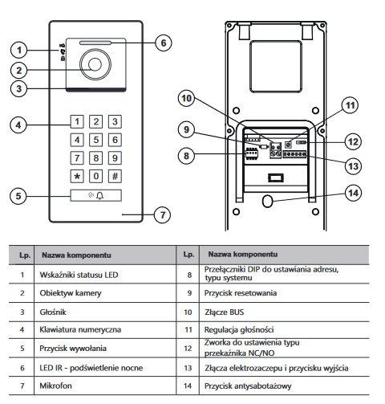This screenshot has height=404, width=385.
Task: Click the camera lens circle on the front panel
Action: pos(95,64)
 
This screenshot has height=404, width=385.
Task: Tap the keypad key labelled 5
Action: pos(95,140)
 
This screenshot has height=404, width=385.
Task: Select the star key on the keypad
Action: pos(77,177)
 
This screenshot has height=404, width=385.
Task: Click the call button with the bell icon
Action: pos(96,195)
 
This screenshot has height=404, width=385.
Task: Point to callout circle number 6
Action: pos(164,43)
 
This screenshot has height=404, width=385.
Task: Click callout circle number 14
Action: pos(353,193)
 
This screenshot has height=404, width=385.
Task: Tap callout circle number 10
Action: pos(186,98)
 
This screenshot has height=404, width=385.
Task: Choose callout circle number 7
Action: pos(163,214)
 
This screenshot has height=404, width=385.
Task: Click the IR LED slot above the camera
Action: pos(95,43)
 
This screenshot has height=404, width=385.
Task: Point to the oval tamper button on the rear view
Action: pos(268,201)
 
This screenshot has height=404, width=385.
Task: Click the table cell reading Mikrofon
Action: pos(55,386)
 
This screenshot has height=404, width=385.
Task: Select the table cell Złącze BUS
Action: pos(224,312)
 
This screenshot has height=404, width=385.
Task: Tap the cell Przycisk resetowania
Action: pos(241,293)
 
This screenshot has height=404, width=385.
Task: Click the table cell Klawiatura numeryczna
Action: pos(80,329)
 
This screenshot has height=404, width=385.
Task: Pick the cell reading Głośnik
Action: pos(53,312)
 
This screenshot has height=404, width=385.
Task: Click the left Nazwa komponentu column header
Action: pos(76,255)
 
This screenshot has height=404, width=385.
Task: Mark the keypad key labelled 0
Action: pos(95,177)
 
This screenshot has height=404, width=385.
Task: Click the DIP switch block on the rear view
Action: pos(251,153)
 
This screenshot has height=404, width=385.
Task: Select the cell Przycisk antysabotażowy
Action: pos(248,386)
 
